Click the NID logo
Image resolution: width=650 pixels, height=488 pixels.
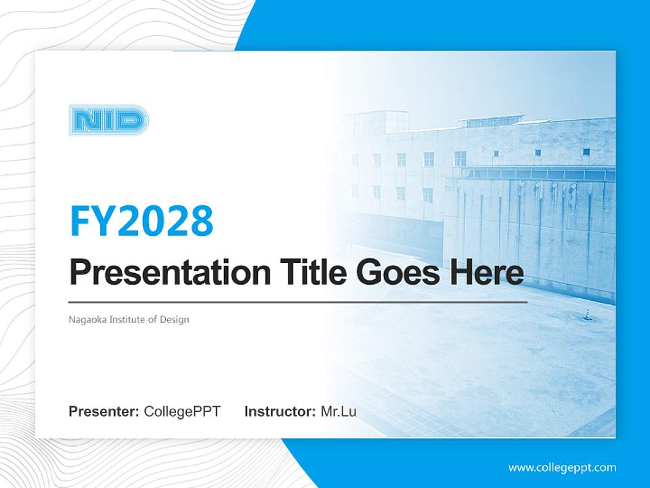point(108,121)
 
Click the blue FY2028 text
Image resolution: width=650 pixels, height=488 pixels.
point(142,221)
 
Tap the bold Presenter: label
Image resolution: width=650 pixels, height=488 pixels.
point(104,411)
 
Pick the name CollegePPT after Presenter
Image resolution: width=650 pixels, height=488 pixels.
point(182,411)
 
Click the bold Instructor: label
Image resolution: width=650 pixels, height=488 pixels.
point(280,411)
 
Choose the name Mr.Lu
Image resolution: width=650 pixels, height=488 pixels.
point(338,411)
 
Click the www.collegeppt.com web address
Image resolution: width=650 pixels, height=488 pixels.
point(562,467)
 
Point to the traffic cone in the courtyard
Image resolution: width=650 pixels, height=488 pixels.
point(587,313)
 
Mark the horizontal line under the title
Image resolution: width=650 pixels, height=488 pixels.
point(298,302)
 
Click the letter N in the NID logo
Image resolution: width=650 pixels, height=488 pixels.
point(84,121)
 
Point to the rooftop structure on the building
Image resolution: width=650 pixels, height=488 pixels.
point(376,122)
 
